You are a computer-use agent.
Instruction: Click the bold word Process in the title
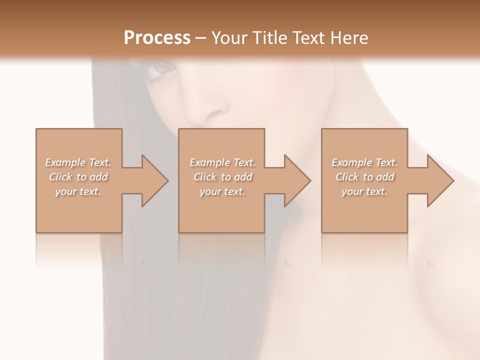point(157,38)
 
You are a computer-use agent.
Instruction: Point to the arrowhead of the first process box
point(154,180)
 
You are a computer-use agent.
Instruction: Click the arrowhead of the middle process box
point(297,180)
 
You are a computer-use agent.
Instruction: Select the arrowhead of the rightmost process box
point(440,180)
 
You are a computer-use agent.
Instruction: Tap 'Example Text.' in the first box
point(78,162)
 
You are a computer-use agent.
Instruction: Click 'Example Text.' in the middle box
point(222,162)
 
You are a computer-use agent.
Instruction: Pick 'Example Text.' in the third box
point(364,162)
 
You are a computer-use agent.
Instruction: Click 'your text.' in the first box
point(78,191)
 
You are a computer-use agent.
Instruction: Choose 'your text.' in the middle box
point(222,191)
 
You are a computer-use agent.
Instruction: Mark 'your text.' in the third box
point(364,191)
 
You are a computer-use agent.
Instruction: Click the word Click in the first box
point(60,177)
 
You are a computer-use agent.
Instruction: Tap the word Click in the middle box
point(205,177)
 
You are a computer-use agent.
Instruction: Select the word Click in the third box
point(347,177)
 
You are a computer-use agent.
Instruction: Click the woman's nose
point(205,110)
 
